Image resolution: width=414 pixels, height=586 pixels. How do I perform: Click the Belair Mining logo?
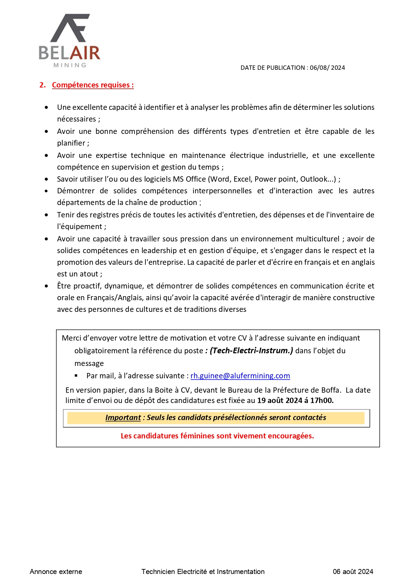pyautogui.click(x=70, y=41)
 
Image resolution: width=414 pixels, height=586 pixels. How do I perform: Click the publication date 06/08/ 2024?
pyautogui.click(x=327, y=68)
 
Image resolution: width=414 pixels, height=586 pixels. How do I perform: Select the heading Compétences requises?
pyautogui.click(x=93, y=85)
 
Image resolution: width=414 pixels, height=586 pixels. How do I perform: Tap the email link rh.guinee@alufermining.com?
pyautogui.click(x=240, y=376)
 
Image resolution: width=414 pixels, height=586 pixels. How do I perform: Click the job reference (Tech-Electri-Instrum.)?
pyautogui.click(x=251, y=351)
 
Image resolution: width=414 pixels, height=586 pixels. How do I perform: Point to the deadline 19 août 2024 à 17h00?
pyautogui.click(x=295, y=400)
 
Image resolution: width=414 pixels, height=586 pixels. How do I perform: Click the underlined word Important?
pyautogui.click(x=123, y=418)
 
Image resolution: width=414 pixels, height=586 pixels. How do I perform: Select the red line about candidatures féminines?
pyautogui.click(x=217, y=436)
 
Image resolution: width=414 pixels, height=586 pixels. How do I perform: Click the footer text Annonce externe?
pyautogui.click(x=56, y=572)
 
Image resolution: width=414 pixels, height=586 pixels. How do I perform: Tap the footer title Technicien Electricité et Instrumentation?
pyautogui.click(x=203, y=572)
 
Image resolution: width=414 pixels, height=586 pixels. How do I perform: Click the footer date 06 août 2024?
pyautogui.click(x=353, y=572)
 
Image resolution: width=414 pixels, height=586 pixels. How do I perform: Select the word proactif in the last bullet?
pyautogui.click(x=88, y=286)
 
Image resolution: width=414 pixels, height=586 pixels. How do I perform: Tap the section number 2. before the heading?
pyautogui.click(x=42, y=85)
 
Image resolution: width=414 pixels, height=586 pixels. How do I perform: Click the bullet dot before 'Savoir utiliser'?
pyautogui.click(x=46, y=179)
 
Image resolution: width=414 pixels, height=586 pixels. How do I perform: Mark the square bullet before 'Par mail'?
pyautogui.click(x=76, y=376)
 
